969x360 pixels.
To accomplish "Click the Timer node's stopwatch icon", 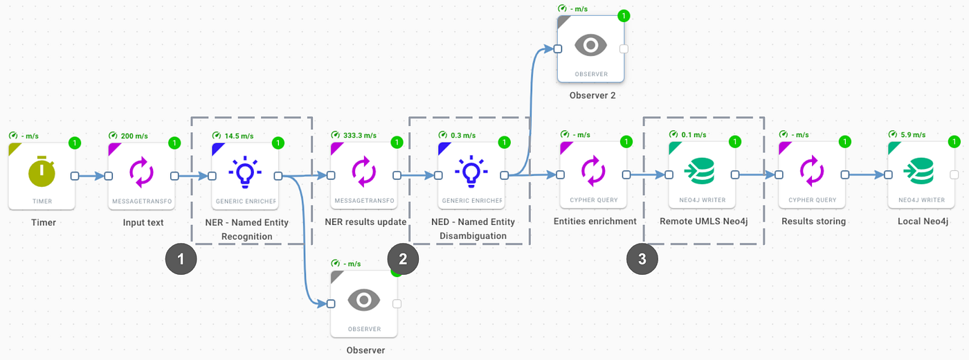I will tap(42, 172).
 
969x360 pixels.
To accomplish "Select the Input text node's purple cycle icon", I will tap(142, 172).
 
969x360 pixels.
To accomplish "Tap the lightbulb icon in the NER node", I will tap(245, 172).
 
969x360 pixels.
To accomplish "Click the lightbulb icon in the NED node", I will tap(471, 172).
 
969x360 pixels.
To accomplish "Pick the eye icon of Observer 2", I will tap(590, 46).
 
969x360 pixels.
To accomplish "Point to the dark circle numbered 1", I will tap(181, 260).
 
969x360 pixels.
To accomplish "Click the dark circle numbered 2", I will tap(403, 260).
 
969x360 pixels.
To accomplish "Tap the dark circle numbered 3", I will tap(642, 260).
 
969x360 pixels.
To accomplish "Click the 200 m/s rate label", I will tap(134, 136).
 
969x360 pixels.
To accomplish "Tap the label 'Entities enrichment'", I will tap(595, 222).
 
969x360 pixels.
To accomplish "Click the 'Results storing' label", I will tap(813, 222).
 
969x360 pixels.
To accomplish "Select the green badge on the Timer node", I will tap(75, 143).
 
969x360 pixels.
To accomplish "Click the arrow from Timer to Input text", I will tap(91, 176).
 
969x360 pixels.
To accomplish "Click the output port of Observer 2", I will tap(624, 48).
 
